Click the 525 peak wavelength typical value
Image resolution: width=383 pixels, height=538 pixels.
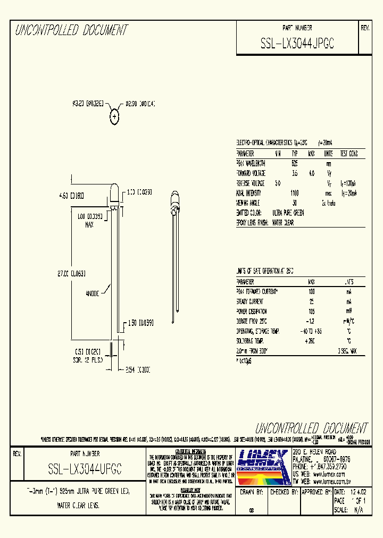[x=294, y=164]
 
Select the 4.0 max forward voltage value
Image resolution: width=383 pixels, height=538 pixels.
[x=312, y=173]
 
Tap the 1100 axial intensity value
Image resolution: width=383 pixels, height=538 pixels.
[x=294, y=193]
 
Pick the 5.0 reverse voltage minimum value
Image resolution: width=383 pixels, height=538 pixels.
[x=277, y=183]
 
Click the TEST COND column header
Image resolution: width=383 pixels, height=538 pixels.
[x=348, y=154]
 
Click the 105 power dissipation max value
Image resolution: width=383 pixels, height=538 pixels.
[x=311, y=312]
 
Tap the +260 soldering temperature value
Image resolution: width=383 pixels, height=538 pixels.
[x=311, y=341]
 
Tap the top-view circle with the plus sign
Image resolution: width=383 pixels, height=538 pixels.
[x=114, y=116]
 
